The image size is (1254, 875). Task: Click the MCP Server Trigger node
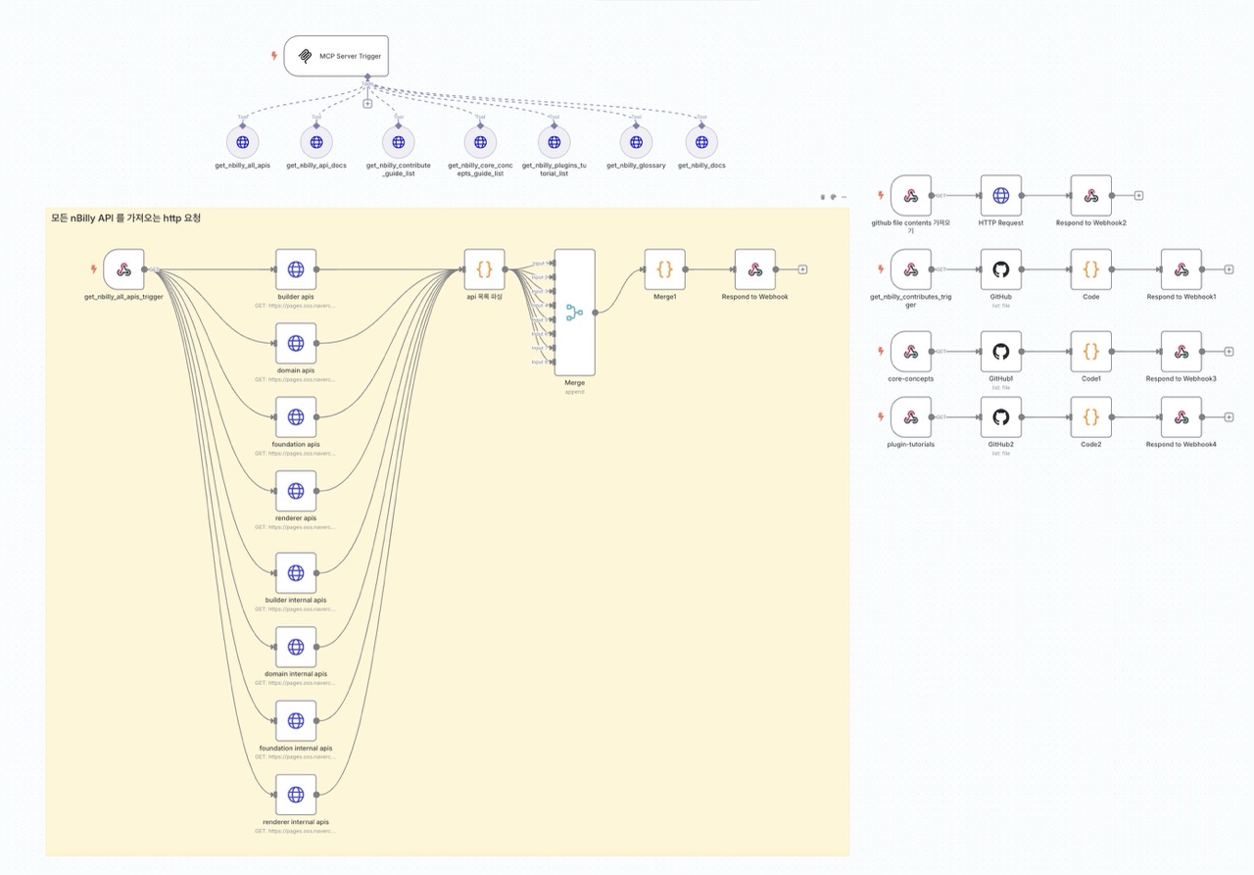pos(335,56)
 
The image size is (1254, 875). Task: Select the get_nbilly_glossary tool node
pos(636,142)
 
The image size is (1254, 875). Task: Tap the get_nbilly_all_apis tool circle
pos(241,142)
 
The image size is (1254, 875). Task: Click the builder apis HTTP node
pos(296,269)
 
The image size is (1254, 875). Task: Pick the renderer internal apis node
pos(296,795)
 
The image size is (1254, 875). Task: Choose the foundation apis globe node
pos(296,417)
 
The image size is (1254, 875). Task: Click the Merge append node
pos(574,313)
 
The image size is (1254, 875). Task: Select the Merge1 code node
pos(664,269)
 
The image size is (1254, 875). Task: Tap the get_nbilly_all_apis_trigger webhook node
pos(123,269)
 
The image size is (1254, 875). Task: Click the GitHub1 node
pos(1000,352)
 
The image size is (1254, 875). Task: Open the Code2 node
pos(1091,417)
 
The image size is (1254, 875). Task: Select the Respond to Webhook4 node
pos(1182,417)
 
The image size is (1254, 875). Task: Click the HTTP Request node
pos(1000,196)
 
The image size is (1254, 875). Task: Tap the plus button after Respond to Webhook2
pos(1138,196)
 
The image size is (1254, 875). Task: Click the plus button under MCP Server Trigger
pos(367,103)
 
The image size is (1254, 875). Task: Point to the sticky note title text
pos(125,218)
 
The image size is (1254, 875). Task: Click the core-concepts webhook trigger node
pos(910,352)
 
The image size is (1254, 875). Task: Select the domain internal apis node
pos(296,647)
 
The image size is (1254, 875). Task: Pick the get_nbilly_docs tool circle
pos(701,142)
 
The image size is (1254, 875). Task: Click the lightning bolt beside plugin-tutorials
pos(880,417)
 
